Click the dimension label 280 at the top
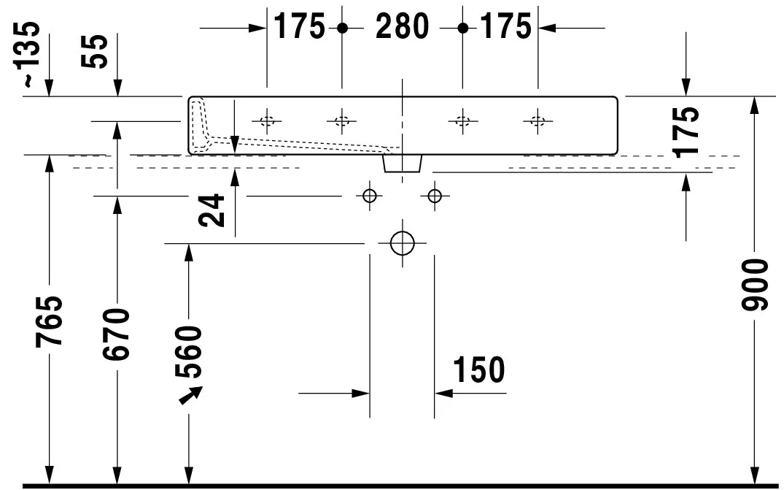pyautogui.click(x=402, y=27)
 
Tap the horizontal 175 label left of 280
pyautogui.click(x=299, y=27)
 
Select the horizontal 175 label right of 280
pyautogui.click(x=505, y=27)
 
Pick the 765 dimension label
pyautogui.click(x=50, y=321)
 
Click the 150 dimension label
pyautogui.click(x=478, y=370)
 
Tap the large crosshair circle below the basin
pyautogui.click(x=402, y=242)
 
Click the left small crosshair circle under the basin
pyautogui.click(x=368, y=196)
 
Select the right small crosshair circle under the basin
pyautogui.click(x=435, y=196)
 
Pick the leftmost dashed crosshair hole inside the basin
pyautogui.click(x=267, y=120)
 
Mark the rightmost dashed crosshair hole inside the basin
pyautogui.click(x=537, y=120)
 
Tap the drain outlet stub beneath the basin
pyautogui.click(x=402, y=163)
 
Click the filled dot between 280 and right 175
pyautogui.click(x=462, y=28)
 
